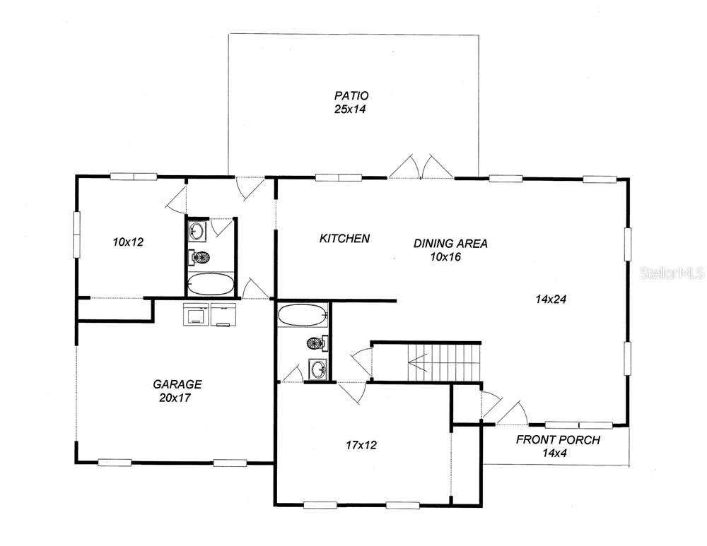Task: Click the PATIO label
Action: (x=351, y=95)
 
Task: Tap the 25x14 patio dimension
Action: (x=351, y=109)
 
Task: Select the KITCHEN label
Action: (x=344, y=239)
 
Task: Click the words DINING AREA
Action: (x=450, y=244)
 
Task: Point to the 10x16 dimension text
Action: (x=445, y=257)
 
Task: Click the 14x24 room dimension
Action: (x=552, y=299)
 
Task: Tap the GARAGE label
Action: (x=177, y=384)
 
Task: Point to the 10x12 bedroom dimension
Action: (x=128, y=242)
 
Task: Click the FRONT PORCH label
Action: (x=558, y=440)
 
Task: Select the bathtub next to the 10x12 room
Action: (x=211, y=284)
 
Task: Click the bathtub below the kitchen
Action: (x=303, y=315)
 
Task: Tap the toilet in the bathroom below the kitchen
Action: (x=316, y=343)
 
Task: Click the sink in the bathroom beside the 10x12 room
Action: (x=197, y=231)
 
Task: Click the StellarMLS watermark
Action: (x=672, y=272)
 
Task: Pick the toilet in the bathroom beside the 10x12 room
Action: (x=199, y=258)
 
